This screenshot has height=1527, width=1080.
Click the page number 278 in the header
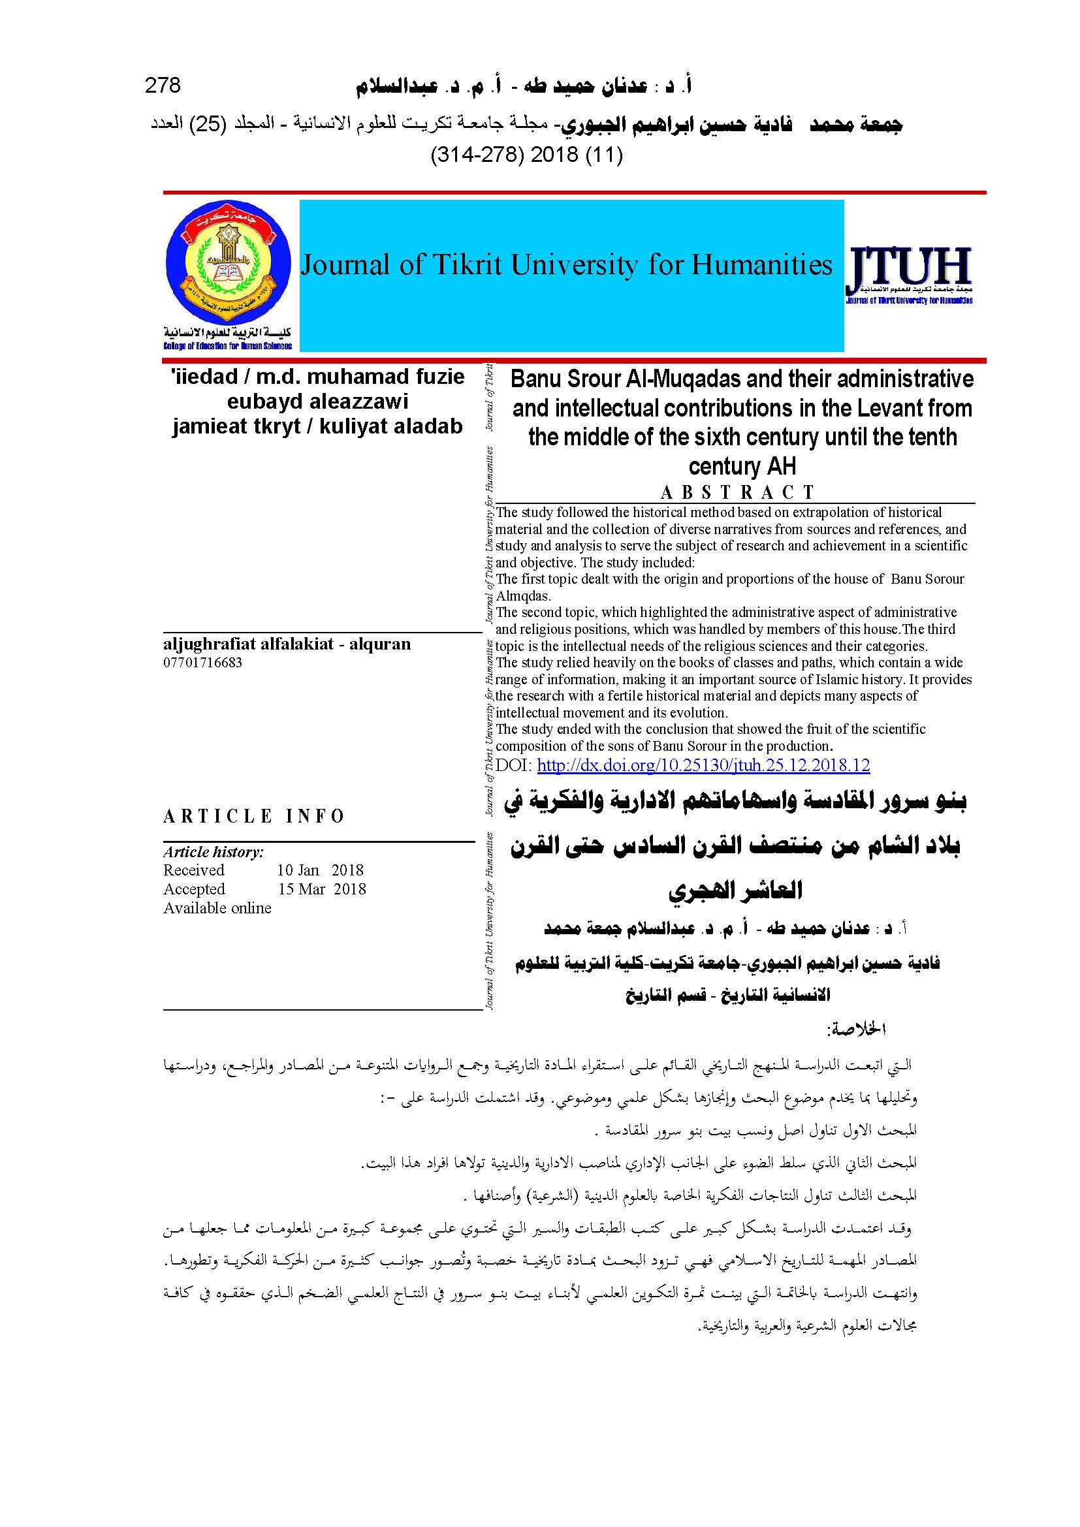click(163, 86)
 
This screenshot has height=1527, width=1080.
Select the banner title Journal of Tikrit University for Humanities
click(566, 265)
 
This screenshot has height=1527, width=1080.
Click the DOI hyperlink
click(703, 766)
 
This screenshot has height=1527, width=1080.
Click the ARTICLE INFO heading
click(254, 816)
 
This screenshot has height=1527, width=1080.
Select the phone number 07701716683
click(203, 662)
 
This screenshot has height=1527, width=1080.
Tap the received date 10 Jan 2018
click(321, 870)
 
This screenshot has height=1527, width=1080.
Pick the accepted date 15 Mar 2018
click(322, 889)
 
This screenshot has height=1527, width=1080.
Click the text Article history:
click(214, 852)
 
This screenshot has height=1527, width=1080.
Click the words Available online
click(217, 909)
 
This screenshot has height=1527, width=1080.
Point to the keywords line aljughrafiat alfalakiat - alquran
click(287, 644)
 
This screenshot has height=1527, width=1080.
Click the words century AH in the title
click(742, 465)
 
